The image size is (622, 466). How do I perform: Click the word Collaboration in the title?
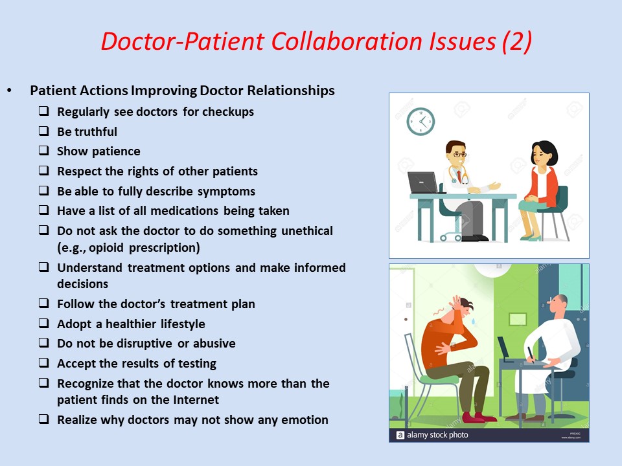(x=336, y=41)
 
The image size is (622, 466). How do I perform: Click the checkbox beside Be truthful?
(x=43, y=131)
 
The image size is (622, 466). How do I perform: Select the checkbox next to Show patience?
(x=43, y=151)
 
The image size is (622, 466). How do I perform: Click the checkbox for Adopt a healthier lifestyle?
(x=43, y=324)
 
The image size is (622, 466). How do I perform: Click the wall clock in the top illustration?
(x=420, y=121)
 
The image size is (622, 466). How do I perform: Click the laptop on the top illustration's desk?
(x=422, y=183)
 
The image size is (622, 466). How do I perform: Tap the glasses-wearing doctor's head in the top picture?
(x=457, y=154)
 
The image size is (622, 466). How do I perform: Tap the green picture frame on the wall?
(x=517, y=318)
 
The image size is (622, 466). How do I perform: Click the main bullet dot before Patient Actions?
(x=8, y=91)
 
